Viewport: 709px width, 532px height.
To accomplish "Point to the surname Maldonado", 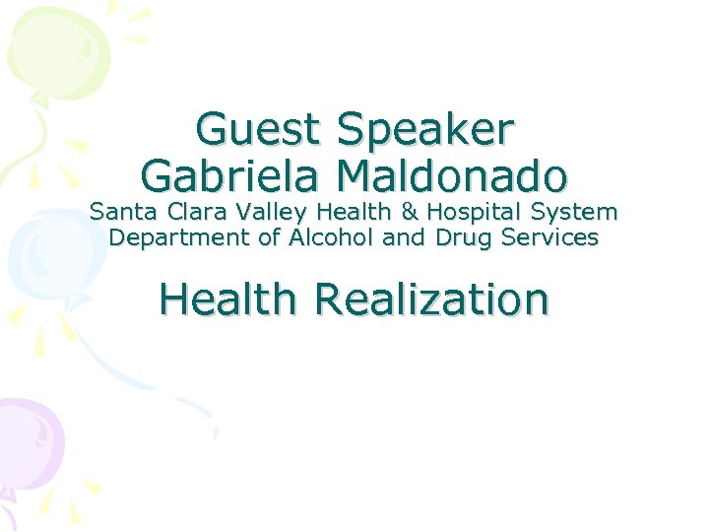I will tap(451, 175).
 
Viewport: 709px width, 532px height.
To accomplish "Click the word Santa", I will tap(120, 211).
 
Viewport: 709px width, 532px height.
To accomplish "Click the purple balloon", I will tap(30, 438).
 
